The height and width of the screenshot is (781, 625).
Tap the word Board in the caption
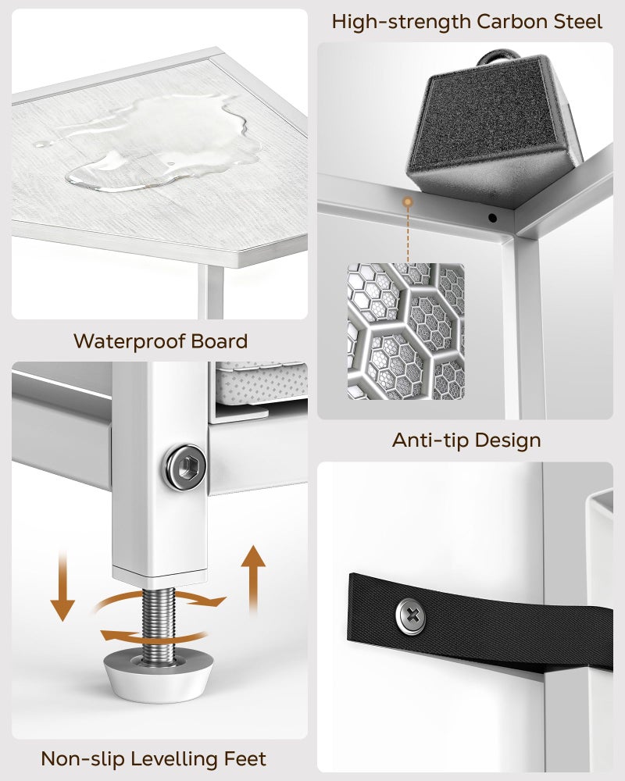pyautogui.click(x=220, y=341)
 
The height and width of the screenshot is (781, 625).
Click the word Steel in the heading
pyautogui.click(x=577, y=22)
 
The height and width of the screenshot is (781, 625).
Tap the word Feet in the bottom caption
pyautogui.click(x=245, y=758)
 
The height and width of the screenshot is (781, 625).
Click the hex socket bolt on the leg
pyautogui.click(x=186, y=467)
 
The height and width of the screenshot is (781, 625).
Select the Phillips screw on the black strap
pyautogui.click(x=411, y=616)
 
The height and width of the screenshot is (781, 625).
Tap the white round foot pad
pyautogui.click(x=158, y=675)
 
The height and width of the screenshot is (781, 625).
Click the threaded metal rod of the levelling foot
pyautogui.click(x=159, y=625)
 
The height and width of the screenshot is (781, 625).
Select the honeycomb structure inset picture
pyautogui.click(x=406, y=331)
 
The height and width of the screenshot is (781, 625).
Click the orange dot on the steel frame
pyautogui.click(x=408, y=201)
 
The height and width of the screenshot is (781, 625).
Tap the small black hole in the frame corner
pyautogui.click(x=492, y=218)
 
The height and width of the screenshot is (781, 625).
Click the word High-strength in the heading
pyautogui.click(x=402, y=23)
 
